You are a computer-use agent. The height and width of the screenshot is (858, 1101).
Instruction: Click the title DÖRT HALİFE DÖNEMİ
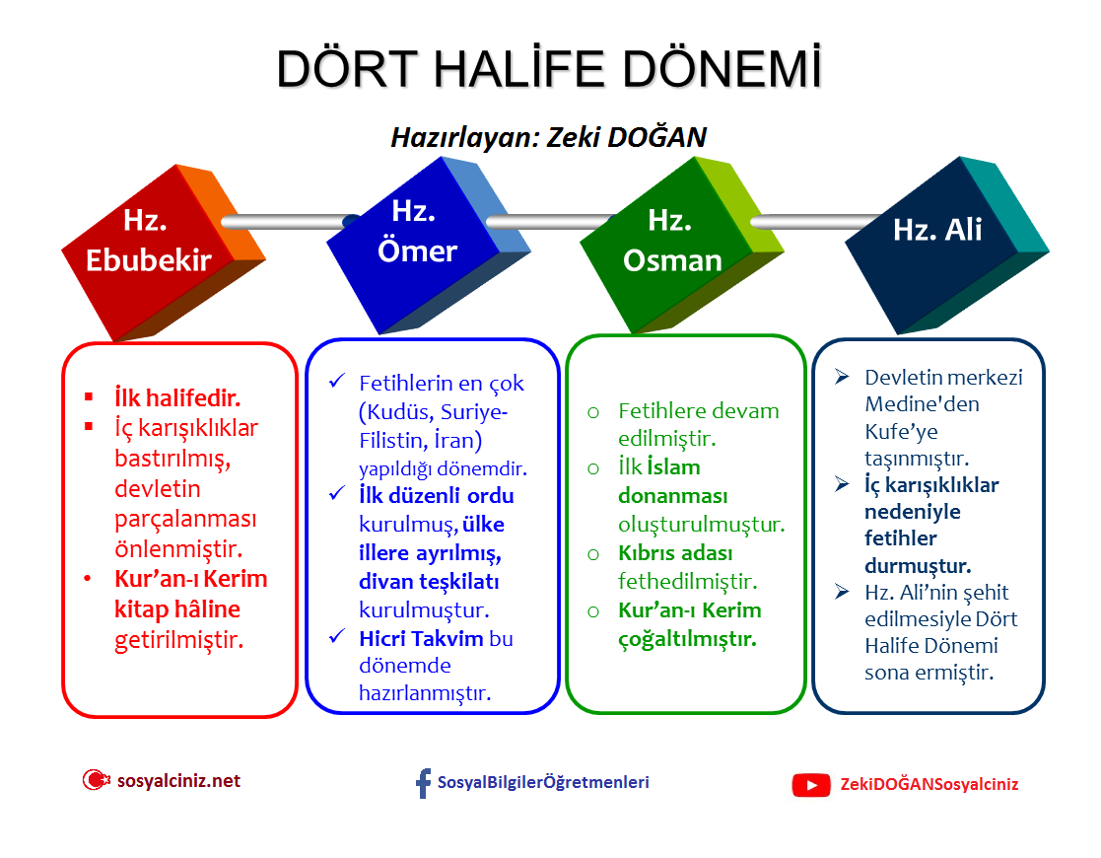tap(549, 69)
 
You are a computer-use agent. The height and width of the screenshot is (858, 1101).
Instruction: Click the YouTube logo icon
tap(811, 785)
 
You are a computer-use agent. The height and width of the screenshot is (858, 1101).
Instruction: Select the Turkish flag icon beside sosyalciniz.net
tap(95, 780)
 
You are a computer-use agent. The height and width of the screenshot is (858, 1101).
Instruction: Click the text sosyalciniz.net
tap(178, 781)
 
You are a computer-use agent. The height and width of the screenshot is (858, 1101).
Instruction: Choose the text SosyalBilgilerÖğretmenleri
tap(543, 783)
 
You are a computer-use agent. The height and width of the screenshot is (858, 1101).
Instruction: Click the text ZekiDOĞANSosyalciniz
tap(929, 785)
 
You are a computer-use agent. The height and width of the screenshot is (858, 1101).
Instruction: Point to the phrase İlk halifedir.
tap(177, 398)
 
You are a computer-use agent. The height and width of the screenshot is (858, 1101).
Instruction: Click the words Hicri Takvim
tap(421, 638)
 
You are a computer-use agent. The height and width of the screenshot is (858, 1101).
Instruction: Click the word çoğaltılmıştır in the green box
tap(687, 638)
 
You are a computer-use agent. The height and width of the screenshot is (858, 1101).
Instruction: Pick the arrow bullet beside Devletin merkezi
tap(842, 378)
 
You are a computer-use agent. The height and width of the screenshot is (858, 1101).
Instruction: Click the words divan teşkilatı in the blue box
tap(429, 582)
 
